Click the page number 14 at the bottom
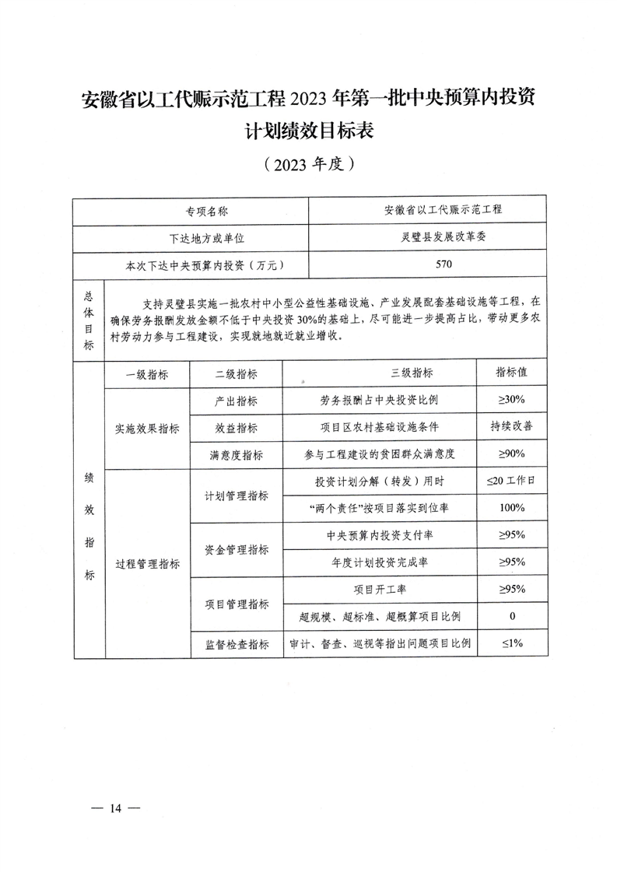(x=116, y=809)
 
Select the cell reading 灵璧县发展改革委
(x=443, y=237)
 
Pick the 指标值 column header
(x=511, y=373)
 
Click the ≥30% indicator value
(x=511, y=400)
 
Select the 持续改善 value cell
(x=511, y=427)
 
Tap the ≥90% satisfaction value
(x=511, y=454)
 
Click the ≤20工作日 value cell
(x=511, y=482)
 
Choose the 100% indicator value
(x=511, y=508)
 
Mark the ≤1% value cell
(x=511, y=643)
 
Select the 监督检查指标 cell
(x=237, y=644)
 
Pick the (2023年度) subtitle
(x=309, y=164)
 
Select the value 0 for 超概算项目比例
(x=511, y=617)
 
